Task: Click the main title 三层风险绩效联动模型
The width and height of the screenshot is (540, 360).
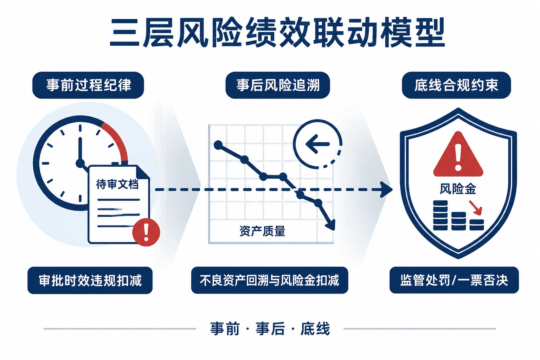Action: pyautogui.click(x=277, y=33)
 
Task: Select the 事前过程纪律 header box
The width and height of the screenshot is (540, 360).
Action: pyautogui.click(x=88, y=85)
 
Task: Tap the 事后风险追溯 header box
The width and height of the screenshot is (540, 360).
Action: pyautogui.click(x=278, y=85)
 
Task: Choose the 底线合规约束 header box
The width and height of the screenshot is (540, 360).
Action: pyautogui.click(x=456, y=85)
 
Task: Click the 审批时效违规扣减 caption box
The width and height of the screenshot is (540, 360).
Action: pyautogui.click(x=90, y=280)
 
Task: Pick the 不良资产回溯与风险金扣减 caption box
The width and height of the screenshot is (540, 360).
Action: pyautogui.click(x=270, y=280)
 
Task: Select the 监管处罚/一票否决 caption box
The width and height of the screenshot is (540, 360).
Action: pyautogui.click(x=454, y=280)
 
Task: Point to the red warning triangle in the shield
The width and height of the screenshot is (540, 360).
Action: pyautogui.click(x=458, y=154)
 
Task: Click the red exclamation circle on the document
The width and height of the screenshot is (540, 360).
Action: pyautogui.click(x=146, y=232)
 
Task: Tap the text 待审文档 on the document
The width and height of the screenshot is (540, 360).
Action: pyautogui.click(x=117, y=184)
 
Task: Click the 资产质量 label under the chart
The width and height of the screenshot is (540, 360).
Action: pyautogui.click(x=262, y=231)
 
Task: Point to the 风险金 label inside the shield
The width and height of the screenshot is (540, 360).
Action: pyautogui.click(x=458, y=189)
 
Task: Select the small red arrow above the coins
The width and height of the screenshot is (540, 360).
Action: pyautogui.click(x=475, y=208)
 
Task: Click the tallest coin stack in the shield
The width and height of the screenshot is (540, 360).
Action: pyautogui.click(x=441, y=215)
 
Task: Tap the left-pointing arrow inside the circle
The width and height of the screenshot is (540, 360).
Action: pyautogui.click(x=317, y=144)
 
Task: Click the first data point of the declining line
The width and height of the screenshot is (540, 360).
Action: pyautogui.click(x=218, y=145)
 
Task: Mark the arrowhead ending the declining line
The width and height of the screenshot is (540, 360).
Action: pyautogui.click(x=330, y=225)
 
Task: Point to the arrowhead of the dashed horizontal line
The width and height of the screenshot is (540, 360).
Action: pyautogui.click(x=386, y=189)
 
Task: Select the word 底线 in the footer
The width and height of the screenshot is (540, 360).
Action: pyautogui.click(x=315, y=329)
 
